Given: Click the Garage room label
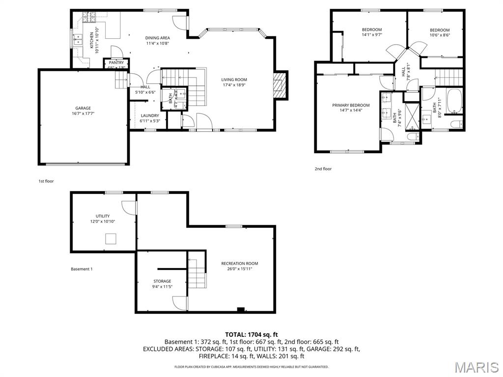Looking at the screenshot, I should [x=83, y=108].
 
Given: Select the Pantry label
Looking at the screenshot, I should [x=116, y=63].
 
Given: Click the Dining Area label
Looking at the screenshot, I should [x=157, y=38].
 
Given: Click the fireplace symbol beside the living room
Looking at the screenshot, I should [x=279, y=85].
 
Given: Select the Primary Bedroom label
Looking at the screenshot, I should [x=351, y=105].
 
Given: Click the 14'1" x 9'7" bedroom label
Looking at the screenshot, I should [x=372, y=29].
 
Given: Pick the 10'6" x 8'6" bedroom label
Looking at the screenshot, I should [x=440, y=30].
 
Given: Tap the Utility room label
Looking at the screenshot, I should [x=103, y=216].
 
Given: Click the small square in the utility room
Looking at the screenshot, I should [x=112, y=239].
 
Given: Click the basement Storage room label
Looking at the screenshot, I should [x=162, y=281].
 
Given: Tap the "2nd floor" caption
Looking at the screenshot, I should [x=323, y=169].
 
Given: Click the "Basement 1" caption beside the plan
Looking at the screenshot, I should [x=82, y=269].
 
